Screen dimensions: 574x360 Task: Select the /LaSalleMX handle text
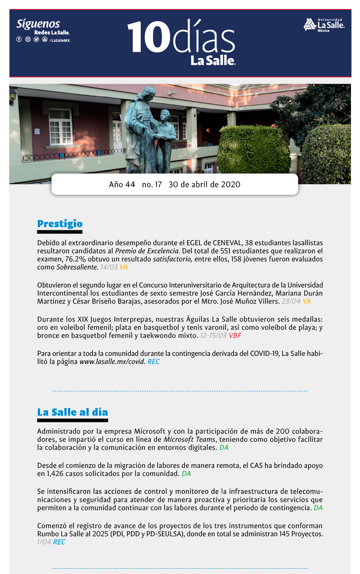click(59, 40)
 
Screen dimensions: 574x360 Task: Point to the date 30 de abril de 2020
click(204, 184)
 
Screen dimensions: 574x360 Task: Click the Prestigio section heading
click(60, 224)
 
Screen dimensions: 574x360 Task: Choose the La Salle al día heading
click(72, 412)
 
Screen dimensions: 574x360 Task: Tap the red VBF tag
click(235, 336)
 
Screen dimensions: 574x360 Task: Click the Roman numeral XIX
click(84, 319)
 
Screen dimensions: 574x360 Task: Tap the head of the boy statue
click(165, 115)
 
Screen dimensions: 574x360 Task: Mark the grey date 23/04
click(291, 301)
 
